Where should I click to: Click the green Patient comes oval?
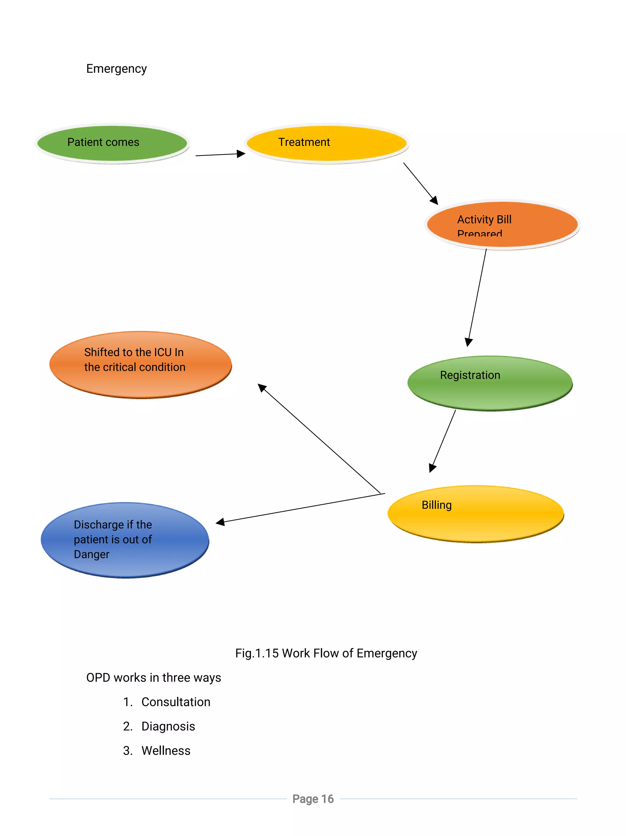pos(112,144)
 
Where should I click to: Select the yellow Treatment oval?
pos(327,144)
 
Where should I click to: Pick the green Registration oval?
pos(490,383)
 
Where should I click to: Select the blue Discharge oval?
pos(125,540)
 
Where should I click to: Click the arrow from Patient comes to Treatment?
pos(219,155)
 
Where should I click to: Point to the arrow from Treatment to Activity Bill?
pos(419,183)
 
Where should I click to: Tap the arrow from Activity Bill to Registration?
pos(477,297)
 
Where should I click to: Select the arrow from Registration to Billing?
pos(443,440)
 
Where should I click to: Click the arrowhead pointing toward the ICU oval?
pos(262,388)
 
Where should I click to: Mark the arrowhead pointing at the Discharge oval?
pos(220,522)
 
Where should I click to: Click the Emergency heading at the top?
pos(116,69)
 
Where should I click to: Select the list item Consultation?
pos(176,702)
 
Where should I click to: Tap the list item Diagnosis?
pos(168,726)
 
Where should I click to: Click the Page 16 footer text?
pos(313,799)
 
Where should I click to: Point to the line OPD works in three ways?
pos(153,678)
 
